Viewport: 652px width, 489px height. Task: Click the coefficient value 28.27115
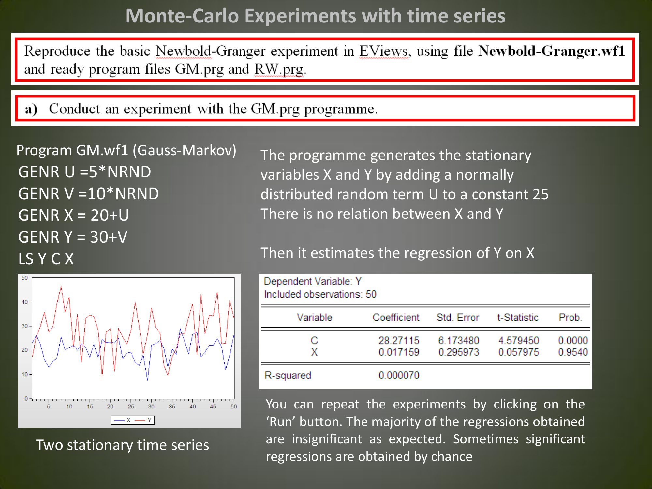pyautogui.click(x=399, y=340)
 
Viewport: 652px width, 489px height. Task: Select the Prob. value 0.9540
pyautogui.click(x=573, y=352)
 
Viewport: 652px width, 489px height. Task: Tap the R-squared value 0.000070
pyautogui.click(x=399, y=375)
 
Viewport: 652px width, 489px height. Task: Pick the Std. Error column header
pyautogui.click(x=458, y=317)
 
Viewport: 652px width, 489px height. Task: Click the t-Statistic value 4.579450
pyautogui.click(x=518, y=340)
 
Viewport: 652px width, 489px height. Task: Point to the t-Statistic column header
pyautogui.click(x=518, y=317)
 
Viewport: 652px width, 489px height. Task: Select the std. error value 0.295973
pyautogui.click(x=459, y=352)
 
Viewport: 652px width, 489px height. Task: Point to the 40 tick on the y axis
pyautogui.click(x=25, y=302)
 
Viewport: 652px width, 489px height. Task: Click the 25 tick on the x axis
pyautogui.click(x=131, y=407)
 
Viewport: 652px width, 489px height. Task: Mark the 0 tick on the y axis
pyautogui.click(x=26, y=398)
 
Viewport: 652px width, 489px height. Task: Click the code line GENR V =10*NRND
pyautogui.click(x=89, y=193)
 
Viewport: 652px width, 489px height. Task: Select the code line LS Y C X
pyautogui.click(x=46, y=259)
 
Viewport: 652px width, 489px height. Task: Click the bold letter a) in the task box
pyautogui.click(x=31, y=109)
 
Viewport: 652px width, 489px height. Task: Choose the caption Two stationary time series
pyautogui.click(x=122, y=445)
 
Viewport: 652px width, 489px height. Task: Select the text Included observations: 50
pyautogui.click(x=320, y=294)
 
